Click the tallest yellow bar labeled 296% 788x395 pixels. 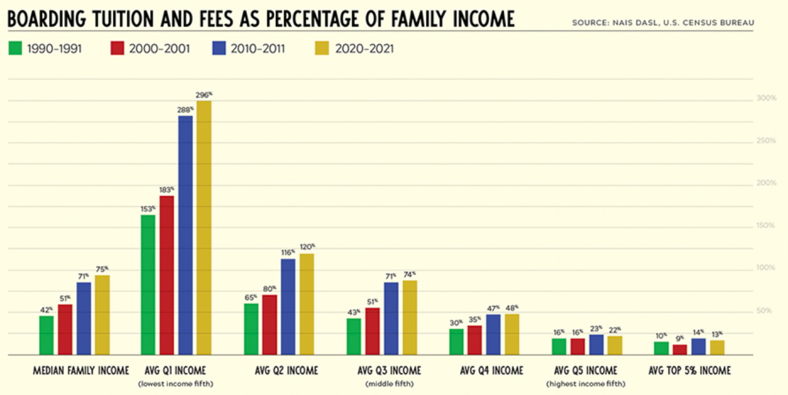pyautogui.click(x=204, y=227)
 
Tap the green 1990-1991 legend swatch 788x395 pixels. pyautogui.click(x=15, y=48)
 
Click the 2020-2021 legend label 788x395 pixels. pyautogui.click(x=364, y=49)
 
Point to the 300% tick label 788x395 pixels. pyautogui.click(x=766, y=98)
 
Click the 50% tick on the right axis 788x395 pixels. pyautogui.click(x=764, y=311)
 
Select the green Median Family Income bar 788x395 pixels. pyautogui.click(x=46, y=335)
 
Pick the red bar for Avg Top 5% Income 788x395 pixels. pyautogui.click(x=680, y=350)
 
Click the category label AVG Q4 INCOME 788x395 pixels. pyautogui.click(x=492, y=371)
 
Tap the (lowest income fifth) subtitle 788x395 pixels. pyautogui.click(x=176, y=384)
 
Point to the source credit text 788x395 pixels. pyautogui.click(x=663, y=23)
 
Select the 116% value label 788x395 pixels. pyautogui.click(x=288, y=253)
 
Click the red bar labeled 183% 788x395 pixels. pyautogui.click(x=167, y=275)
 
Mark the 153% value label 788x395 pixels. pyautogui.click(x=148, y=209)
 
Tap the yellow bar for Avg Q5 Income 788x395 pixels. pyautogui.click(x=615, y=345)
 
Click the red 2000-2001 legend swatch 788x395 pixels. pyautogui.click(x=117, y=48)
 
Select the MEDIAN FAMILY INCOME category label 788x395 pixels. pyautogui.click(x=81, y=371)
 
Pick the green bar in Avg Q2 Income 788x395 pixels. pyautogui.click(x=251, y=329)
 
